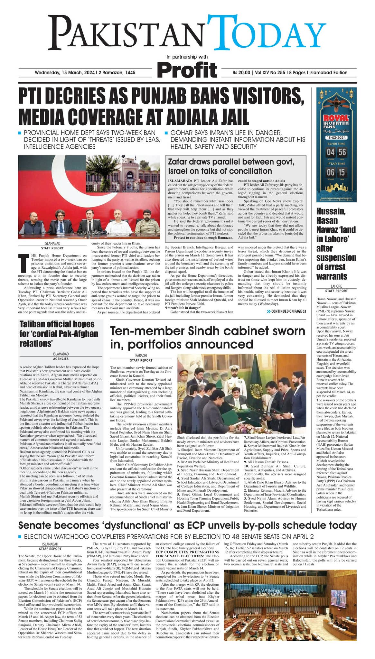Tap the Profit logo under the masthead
click(187, 70)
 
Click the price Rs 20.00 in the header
click(241, 73)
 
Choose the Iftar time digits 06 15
click(336, 172)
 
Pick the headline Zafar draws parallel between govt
click(231, 162)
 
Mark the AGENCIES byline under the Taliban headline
click(61, 359)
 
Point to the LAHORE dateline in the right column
click(336, 286)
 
